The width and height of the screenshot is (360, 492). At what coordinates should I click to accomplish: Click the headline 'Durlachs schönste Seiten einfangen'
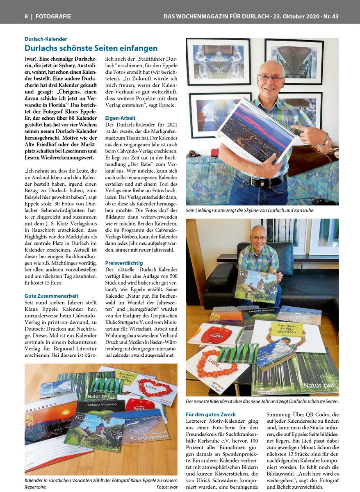91,48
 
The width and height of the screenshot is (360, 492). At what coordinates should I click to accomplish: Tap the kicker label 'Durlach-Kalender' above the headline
46,39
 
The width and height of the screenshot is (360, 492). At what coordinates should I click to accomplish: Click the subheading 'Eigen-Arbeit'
121,118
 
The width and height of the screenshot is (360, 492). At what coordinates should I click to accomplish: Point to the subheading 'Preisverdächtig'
124,262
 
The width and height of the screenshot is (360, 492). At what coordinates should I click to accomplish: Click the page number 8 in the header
26,16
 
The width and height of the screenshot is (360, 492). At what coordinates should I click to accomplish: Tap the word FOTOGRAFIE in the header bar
53,16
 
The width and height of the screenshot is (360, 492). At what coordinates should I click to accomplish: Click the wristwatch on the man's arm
325,140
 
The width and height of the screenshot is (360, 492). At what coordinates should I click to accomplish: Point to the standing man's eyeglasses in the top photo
271,77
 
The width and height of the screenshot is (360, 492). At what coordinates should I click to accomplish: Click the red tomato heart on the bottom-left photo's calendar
152,387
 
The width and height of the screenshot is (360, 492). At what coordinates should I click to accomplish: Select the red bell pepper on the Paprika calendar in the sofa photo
216,334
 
